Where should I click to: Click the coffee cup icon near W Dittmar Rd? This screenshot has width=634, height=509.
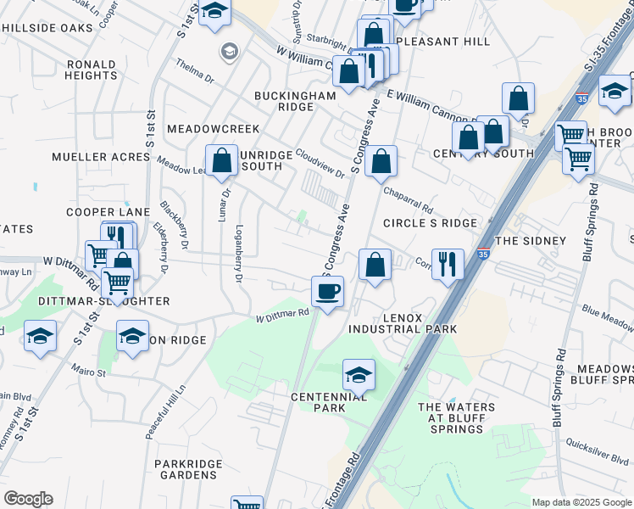(x=327, y=292)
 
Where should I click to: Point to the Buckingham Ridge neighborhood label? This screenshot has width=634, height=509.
(x=296, y=102)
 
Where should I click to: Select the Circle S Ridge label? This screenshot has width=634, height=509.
(x=430, y=222)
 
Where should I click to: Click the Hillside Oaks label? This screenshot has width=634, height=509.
(x=47, y=28)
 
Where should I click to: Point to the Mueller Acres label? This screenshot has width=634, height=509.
(x=95, y=157)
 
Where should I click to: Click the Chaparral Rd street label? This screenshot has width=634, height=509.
(x=408, y=201)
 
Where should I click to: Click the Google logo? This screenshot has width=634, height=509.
(x=28, y=499)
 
